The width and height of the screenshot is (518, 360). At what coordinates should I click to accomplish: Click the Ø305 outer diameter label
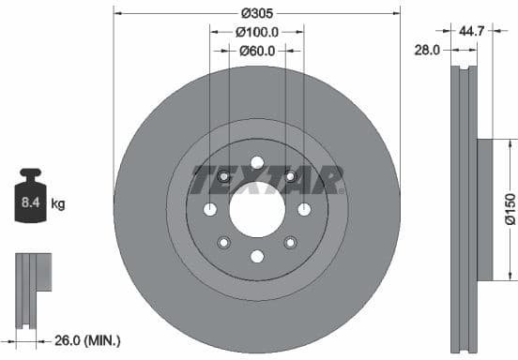[256, 13]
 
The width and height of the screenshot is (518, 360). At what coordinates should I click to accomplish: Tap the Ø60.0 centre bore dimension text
[256, 52]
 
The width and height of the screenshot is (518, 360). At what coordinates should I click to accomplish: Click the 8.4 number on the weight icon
[30, 201]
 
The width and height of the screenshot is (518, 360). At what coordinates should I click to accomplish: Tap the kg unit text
[58, 202]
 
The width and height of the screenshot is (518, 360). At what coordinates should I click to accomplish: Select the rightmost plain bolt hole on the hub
[304, 208]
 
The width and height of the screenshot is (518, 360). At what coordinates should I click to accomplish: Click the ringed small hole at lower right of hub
[290, 242]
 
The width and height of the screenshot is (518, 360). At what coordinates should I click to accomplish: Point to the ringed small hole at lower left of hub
[223, 243]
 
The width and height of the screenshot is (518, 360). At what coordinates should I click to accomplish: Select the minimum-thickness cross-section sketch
[32, 287]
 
